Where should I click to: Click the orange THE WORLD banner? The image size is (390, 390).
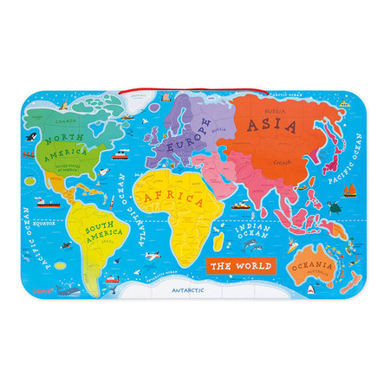240,265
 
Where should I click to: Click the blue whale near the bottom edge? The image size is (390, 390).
68,289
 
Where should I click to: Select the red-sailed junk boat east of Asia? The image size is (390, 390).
349,187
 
